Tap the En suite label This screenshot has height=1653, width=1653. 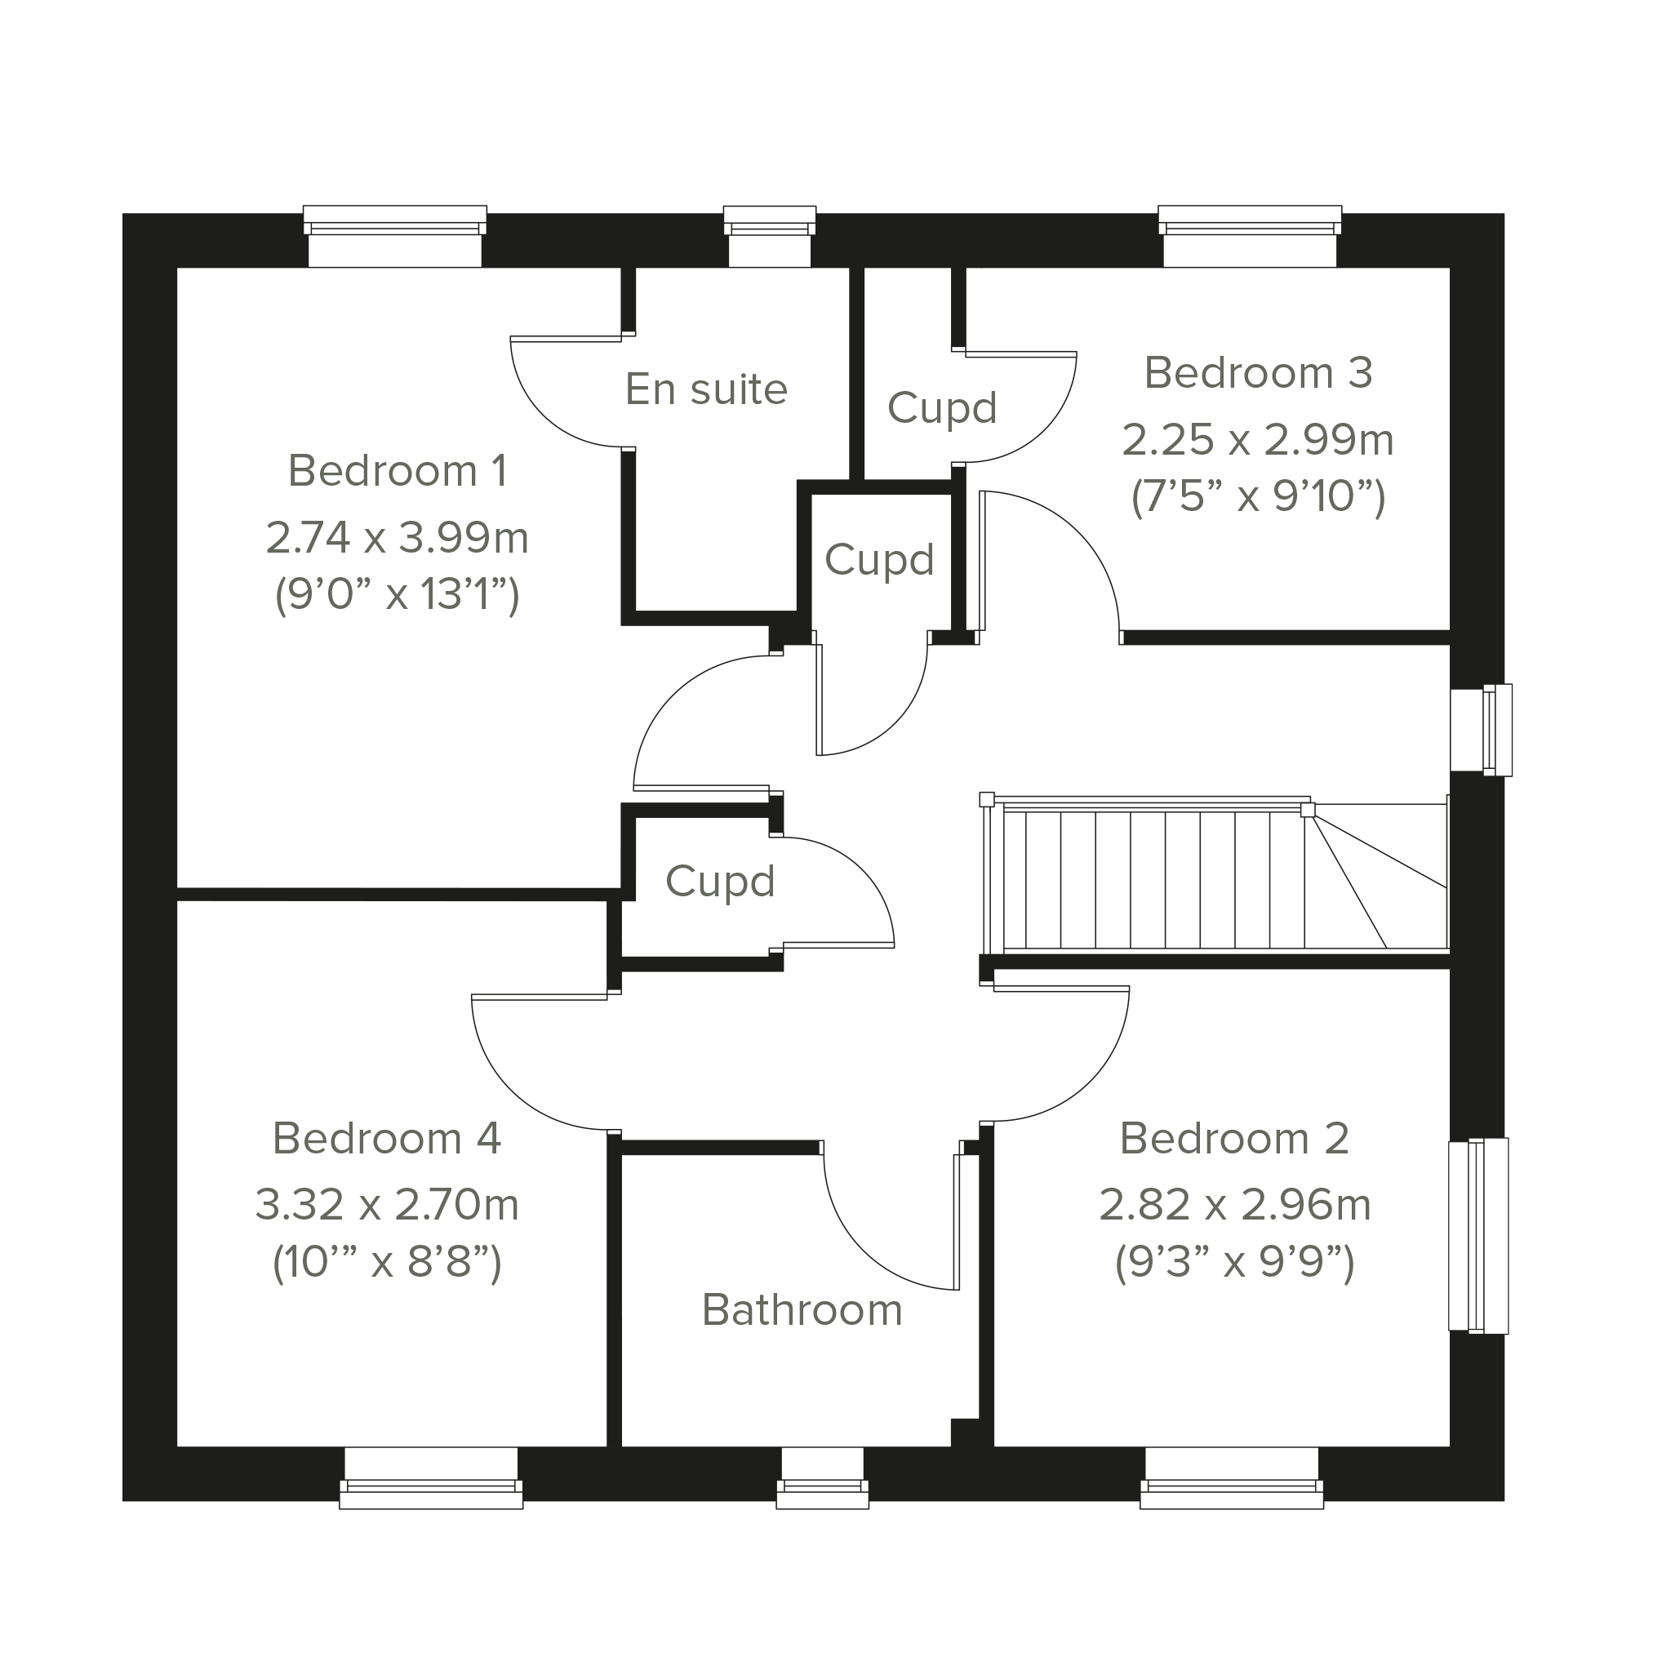(x=706, y=389)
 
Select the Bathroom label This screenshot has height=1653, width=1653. (x=802, y=1310)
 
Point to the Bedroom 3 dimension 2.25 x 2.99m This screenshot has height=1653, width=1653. (x=1258, y=440)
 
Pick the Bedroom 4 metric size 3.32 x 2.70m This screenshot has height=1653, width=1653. (x=388, y=1205)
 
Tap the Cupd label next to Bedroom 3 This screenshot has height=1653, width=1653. (x=942, y=408)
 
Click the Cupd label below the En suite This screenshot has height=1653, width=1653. (x=879, y=561)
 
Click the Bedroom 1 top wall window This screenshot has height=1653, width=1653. (x=395, y=236)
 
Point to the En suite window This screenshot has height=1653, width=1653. (x=770, y=236)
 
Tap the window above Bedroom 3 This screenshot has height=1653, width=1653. (x=1250, y=236)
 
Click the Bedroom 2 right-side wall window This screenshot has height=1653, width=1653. (x=1478, y=1236)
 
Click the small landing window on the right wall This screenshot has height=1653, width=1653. (x=1481, y=730)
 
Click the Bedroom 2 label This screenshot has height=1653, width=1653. (x=1234, y=1139)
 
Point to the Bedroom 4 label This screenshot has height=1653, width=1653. (x=387, y=1139)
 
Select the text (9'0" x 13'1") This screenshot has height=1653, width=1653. (x=398, y=593)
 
